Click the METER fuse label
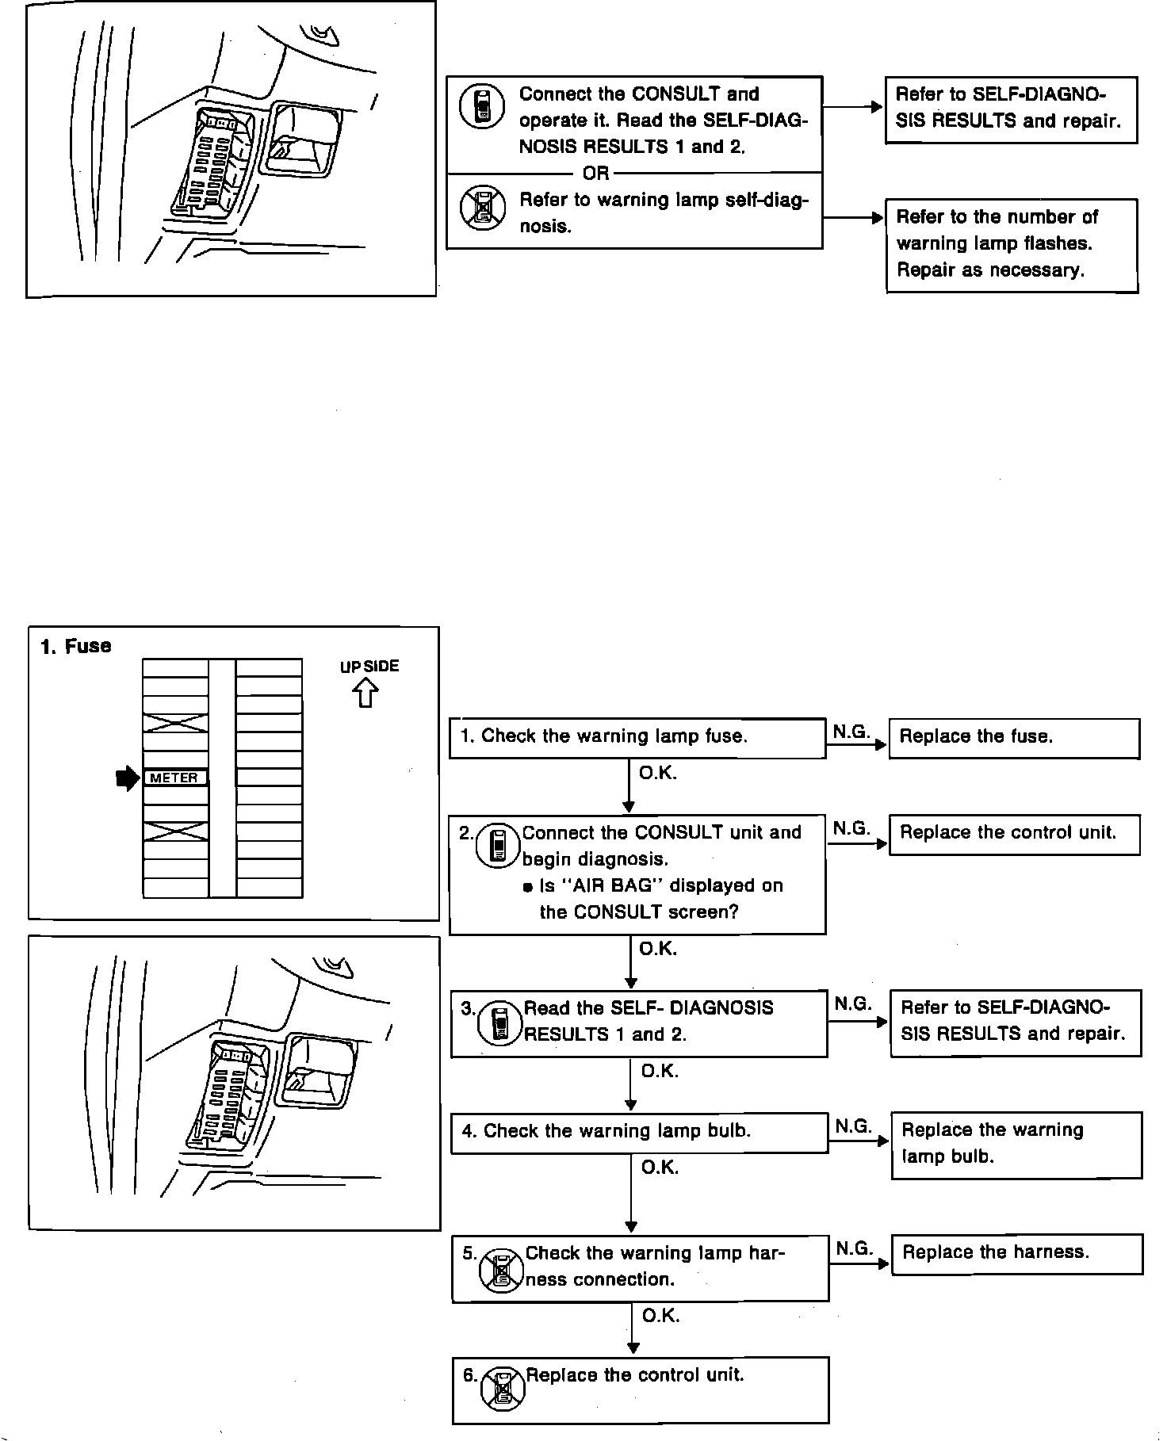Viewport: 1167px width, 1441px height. [174, 778]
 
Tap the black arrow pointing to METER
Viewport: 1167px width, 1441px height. [127, 779]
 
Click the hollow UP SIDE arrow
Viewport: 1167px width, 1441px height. [365, 694]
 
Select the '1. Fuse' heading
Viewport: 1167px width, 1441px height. [76, 646]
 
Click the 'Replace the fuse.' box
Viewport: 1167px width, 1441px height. [1014, 738]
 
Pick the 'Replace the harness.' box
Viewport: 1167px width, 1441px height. [1017, 1254]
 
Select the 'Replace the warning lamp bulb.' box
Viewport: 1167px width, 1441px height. [1017, 1145]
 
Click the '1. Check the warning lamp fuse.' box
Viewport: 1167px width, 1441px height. [637, 738]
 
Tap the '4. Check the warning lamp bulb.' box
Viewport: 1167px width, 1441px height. [640, 1133]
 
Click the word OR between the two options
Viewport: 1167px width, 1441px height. [596, 173]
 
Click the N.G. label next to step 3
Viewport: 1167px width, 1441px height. [853, 1003]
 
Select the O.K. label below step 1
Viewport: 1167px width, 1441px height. [658, 773]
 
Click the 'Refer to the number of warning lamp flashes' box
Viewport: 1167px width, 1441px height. [1012, 245]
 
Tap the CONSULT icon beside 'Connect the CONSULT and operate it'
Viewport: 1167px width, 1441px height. [482, 106]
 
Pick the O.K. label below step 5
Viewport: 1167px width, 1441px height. [661, 1317]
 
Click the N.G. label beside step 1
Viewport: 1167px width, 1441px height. [851, 732]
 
